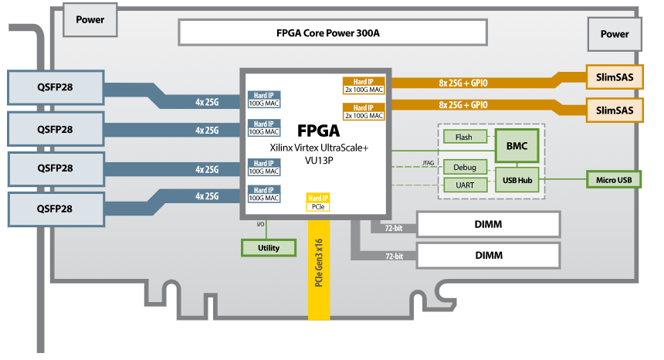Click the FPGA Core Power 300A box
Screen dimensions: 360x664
333,33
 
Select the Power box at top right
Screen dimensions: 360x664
615,34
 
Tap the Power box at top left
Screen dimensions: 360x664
90,17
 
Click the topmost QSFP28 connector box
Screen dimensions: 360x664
56,87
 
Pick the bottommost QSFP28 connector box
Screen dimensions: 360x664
56,209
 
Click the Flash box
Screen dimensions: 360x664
464,138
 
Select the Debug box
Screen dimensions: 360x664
465,166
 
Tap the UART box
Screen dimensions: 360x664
465,185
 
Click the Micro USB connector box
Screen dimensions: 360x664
614,180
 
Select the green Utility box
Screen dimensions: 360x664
269,247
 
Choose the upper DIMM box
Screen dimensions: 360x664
488,224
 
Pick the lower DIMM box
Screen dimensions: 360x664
488,254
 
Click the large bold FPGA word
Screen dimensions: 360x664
318,131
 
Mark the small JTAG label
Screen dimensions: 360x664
429,162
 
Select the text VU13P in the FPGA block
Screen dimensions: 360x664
318,161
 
